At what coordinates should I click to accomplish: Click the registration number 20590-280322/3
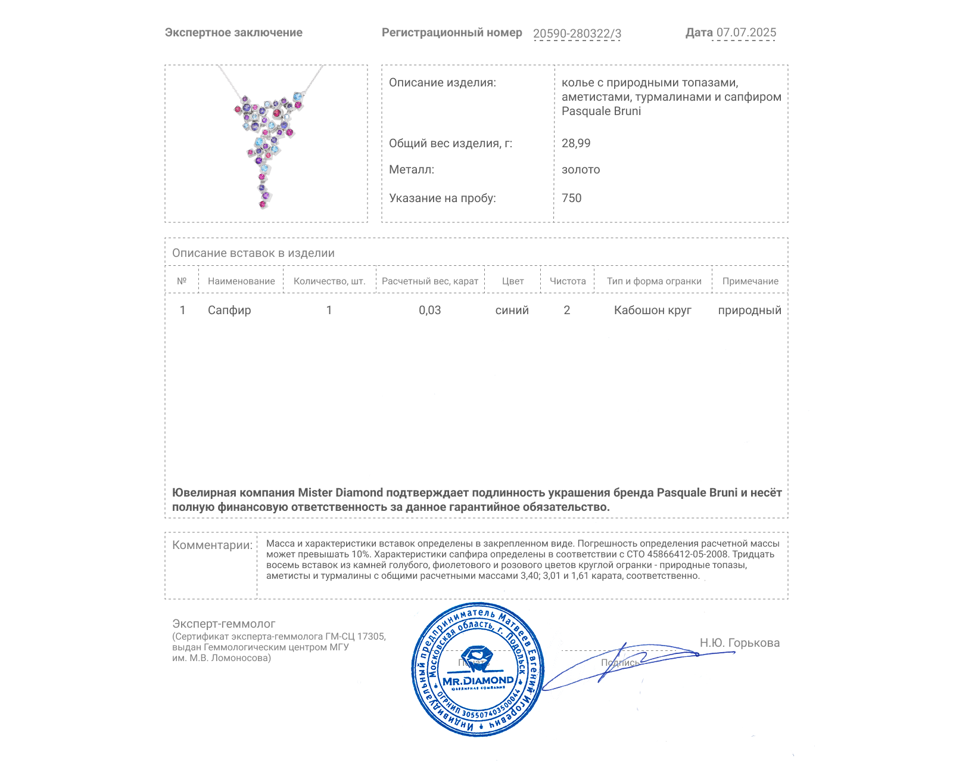click(577, 33)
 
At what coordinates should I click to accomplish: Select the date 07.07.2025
click(746, 33)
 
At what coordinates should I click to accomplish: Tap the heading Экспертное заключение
click(233, 33)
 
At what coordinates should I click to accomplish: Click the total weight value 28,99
click(576, 143)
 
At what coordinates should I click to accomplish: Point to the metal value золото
click(581, 169)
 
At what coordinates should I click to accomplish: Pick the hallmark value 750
click(571, 198)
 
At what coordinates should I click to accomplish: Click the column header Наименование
click(241, 281)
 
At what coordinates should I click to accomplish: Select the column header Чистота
click(568, 281)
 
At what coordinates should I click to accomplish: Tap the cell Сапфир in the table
click(229, 310)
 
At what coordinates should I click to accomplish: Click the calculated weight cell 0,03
click(429, 310)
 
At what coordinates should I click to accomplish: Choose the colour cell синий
click(512, 310)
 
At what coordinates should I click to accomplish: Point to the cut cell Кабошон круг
click(653, 310)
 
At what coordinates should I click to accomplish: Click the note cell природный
click(749, 310)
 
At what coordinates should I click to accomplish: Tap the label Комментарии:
click(212, 545)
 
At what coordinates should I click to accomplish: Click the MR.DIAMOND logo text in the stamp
click(478, 681)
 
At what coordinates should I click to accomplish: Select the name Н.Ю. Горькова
click(739, 643)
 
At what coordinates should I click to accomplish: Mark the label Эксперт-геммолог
click(224, 624)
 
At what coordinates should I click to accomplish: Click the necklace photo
click(266, 143)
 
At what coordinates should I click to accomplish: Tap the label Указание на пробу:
click(442, 198)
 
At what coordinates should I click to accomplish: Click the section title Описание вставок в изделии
click(253, 253)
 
